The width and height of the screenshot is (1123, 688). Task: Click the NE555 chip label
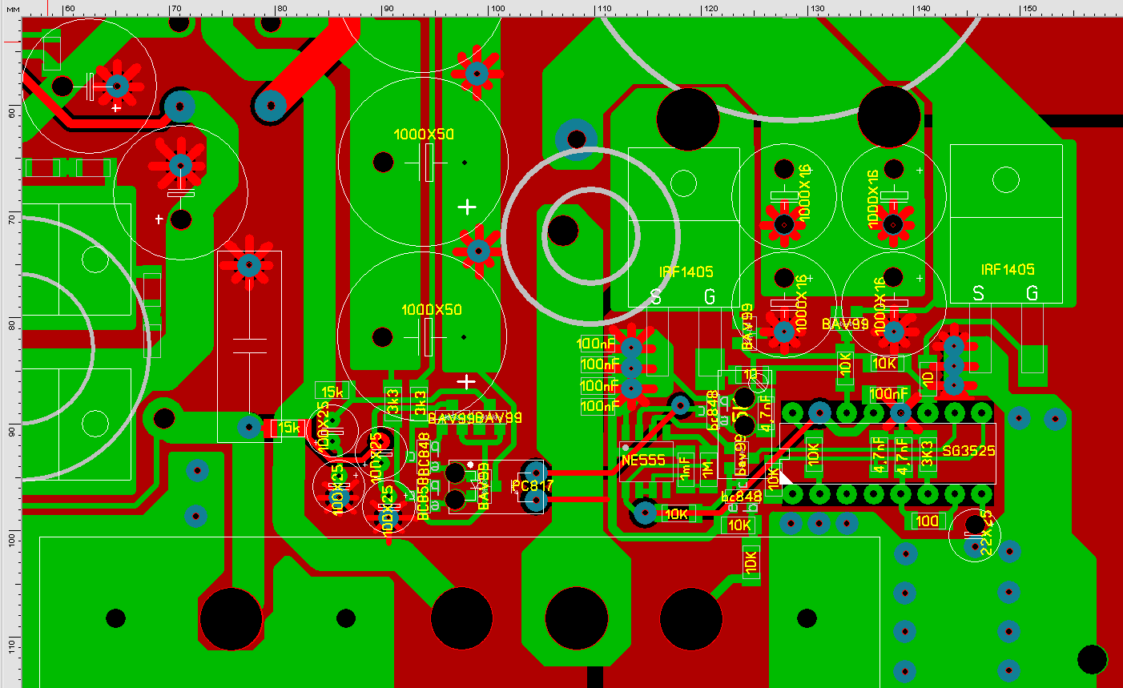point(643,461)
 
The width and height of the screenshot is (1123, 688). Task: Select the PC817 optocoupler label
point(533,485)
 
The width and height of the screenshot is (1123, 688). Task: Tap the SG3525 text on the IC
point(968,451)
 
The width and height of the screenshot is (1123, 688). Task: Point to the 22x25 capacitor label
point(986,533)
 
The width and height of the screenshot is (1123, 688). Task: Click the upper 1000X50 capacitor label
point(424,135)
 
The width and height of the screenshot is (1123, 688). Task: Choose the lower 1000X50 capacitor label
point(431,310)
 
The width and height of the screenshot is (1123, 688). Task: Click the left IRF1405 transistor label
point(686,272)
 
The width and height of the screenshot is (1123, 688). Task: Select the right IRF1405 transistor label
point(1008,270)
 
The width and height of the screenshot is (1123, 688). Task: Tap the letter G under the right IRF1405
point(1032,294)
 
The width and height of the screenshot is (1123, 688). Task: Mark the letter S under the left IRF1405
point(656,297)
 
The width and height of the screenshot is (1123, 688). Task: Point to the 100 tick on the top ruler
point(497,9)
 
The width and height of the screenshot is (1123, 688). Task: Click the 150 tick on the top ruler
point(1028,9)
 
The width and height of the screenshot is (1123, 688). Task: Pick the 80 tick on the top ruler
point(281,9)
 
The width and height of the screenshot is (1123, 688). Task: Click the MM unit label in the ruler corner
point(12,9)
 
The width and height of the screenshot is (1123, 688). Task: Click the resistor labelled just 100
point(927,521)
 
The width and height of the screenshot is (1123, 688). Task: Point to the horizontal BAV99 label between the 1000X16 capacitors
point(845,324)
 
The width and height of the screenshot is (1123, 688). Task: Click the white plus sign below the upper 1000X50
point(467,207)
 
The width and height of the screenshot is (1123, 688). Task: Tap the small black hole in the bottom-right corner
point(1092,659)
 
